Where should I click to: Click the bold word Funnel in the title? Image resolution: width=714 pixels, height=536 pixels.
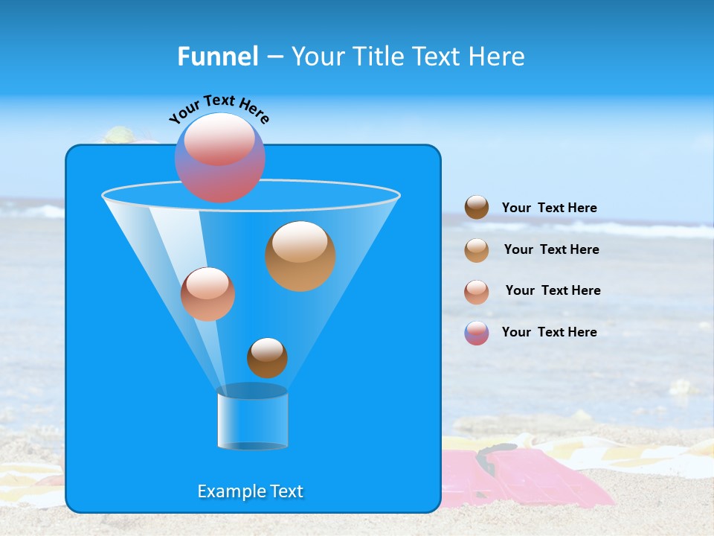tap(218, 57)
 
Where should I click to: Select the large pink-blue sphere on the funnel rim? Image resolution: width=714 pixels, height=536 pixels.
tap(219, 158)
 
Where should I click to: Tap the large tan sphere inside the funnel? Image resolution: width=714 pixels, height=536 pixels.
tap(300, 256)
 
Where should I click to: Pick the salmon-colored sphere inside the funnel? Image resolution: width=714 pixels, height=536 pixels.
tap(208, 294)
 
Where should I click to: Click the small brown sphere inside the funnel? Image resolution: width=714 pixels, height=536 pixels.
tap(267, 358)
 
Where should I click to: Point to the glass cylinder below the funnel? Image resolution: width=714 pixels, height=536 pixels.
tap(252, 418)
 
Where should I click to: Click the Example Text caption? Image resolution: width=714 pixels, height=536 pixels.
tap(251, 491)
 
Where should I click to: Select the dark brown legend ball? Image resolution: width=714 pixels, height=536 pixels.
tap(477, 208)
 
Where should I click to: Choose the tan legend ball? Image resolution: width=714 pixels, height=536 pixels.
tap(477, 250)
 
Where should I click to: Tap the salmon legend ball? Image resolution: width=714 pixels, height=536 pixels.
tap(477, 292)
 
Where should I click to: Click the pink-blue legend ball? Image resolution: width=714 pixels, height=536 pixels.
tap(477, 333)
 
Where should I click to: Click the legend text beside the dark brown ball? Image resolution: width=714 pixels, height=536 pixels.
tap(549, 208)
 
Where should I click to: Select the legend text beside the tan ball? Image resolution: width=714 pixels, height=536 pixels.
tap(551, 250)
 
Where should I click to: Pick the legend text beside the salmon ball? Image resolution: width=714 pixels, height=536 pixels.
tap(553, 291)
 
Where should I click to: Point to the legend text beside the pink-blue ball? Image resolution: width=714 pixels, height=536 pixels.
tap(549, 333)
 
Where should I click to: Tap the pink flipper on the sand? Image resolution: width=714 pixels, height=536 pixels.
tap(521, 476)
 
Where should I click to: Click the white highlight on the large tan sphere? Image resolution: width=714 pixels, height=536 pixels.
tap(300, 241)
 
